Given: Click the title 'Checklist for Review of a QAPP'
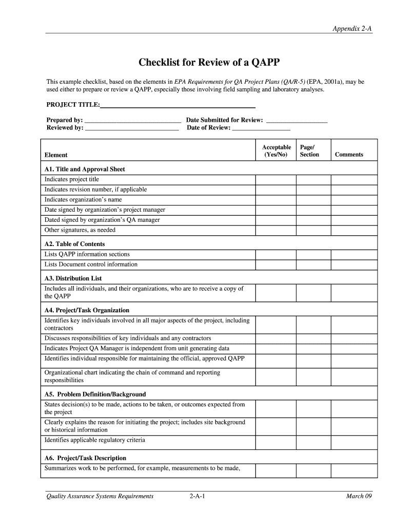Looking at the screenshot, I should point(209,63).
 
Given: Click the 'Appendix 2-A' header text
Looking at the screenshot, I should point(352,29).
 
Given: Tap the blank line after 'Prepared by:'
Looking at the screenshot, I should point(132,121).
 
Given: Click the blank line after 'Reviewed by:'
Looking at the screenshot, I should point(132,128).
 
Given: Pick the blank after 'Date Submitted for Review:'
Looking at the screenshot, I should point(297,121).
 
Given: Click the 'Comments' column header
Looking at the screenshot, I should point(349,155).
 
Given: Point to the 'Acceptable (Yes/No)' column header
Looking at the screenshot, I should point(276,151).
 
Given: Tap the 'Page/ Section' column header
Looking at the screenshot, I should point(309,151).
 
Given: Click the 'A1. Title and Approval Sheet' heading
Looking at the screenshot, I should point(85,169).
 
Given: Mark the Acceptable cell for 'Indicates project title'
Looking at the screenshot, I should point(276,180).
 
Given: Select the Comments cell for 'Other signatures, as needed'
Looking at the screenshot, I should point(354,230).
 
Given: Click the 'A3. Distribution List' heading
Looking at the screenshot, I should point(73,278).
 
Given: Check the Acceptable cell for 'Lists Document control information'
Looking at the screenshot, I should point(276,265).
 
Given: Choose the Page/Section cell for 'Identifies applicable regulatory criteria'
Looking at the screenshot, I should point(313,440).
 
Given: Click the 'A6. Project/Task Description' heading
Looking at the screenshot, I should point(85,458).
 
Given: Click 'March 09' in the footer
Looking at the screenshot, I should point(359,496).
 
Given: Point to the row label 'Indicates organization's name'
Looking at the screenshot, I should point(83,200).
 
